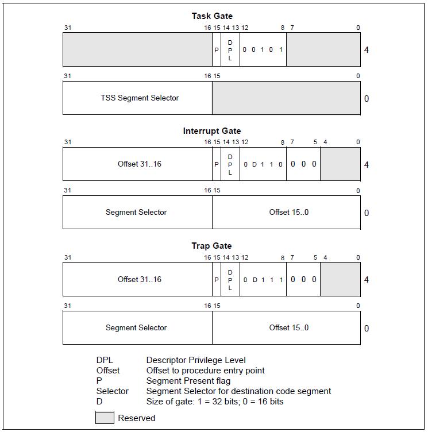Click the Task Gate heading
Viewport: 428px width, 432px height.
click(x=212, y=16)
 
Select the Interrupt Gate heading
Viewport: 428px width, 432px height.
click(x=212, y=131)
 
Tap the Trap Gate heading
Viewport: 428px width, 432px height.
click(x=211, y=246)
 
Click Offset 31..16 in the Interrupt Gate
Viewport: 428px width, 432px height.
click(x=140, y=164)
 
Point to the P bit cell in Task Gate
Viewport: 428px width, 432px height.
click(x=217, y=49)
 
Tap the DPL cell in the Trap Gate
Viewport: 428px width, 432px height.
click(x=230, y=280)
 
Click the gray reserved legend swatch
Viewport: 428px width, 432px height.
click(x=105, y=418)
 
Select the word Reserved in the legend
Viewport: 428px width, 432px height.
click(x=136, y=418)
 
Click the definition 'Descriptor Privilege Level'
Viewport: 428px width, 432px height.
click(x=196, y=360)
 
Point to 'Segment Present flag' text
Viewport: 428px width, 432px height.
click(x=188, y=381)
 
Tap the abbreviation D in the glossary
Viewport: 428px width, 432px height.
click(x=99, y=402)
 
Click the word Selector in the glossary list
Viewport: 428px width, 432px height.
click(x=113, y=391)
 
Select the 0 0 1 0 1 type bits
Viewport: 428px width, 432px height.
click(x=263, y=49)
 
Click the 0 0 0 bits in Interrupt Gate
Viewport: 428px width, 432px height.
click(x=303, y=164)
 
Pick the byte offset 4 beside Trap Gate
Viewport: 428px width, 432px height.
click(x=367, y=280)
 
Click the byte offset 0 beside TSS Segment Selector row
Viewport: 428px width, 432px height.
click(x=367, y=98)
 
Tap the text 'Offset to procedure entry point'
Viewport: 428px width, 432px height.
click(x=205, y=371)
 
